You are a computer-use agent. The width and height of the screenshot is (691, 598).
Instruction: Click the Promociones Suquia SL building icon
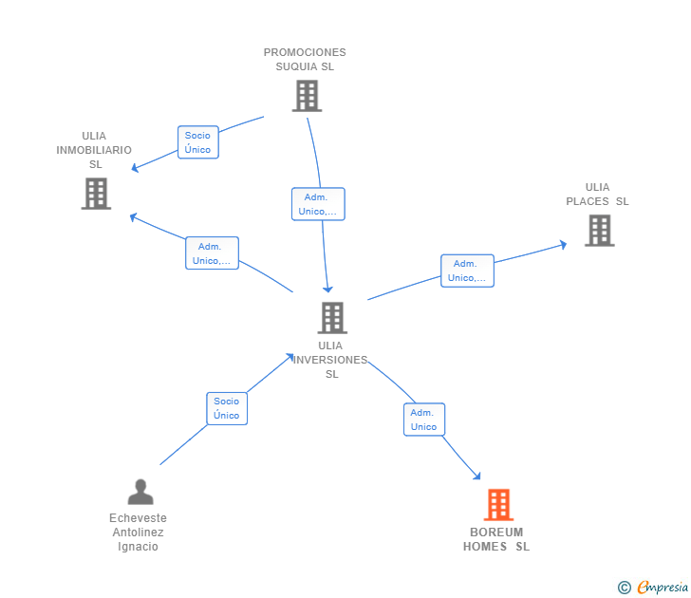306,96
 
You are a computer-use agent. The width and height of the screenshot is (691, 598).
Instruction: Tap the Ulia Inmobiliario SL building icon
96,194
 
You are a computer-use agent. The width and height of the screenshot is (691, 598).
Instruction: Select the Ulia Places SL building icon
599,231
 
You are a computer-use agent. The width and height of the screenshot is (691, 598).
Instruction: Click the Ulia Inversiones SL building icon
331,318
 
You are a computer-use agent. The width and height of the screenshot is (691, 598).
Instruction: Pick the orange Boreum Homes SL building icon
498,505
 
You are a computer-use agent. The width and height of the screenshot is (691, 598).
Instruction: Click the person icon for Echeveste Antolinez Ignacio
140,492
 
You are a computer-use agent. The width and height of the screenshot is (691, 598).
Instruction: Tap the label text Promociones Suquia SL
305,60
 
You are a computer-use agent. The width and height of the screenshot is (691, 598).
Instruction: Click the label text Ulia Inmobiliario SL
94,150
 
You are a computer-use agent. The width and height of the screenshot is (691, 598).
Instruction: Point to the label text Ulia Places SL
597,194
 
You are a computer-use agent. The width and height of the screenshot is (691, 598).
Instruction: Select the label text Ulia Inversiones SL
330,360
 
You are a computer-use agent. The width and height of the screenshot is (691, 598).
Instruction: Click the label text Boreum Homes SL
496,539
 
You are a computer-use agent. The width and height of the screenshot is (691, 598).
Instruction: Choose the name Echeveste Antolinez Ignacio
138,533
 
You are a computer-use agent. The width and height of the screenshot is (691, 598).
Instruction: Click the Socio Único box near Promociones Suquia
198,142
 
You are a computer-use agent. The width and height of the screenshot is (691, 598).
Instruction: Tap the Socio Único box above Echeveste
227,408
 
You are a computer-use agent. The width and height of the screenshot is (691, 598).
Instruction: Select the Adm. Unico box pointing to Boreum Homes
423,420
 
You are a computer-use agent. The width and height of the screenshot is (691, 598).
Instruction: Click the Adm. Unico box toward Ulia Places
467,271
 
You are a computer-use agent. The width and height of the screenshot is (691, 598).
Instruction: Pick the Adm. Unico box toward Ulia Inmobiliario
212,253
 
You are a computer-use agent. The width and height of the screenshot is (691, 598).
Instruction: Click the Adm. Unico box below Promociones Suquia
317,204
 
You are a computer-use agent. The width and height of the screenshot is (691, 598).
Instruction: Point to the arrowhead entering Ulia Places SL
563,244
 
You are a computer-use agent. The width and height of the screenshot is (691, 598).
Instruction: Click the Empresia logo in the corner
654,588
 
